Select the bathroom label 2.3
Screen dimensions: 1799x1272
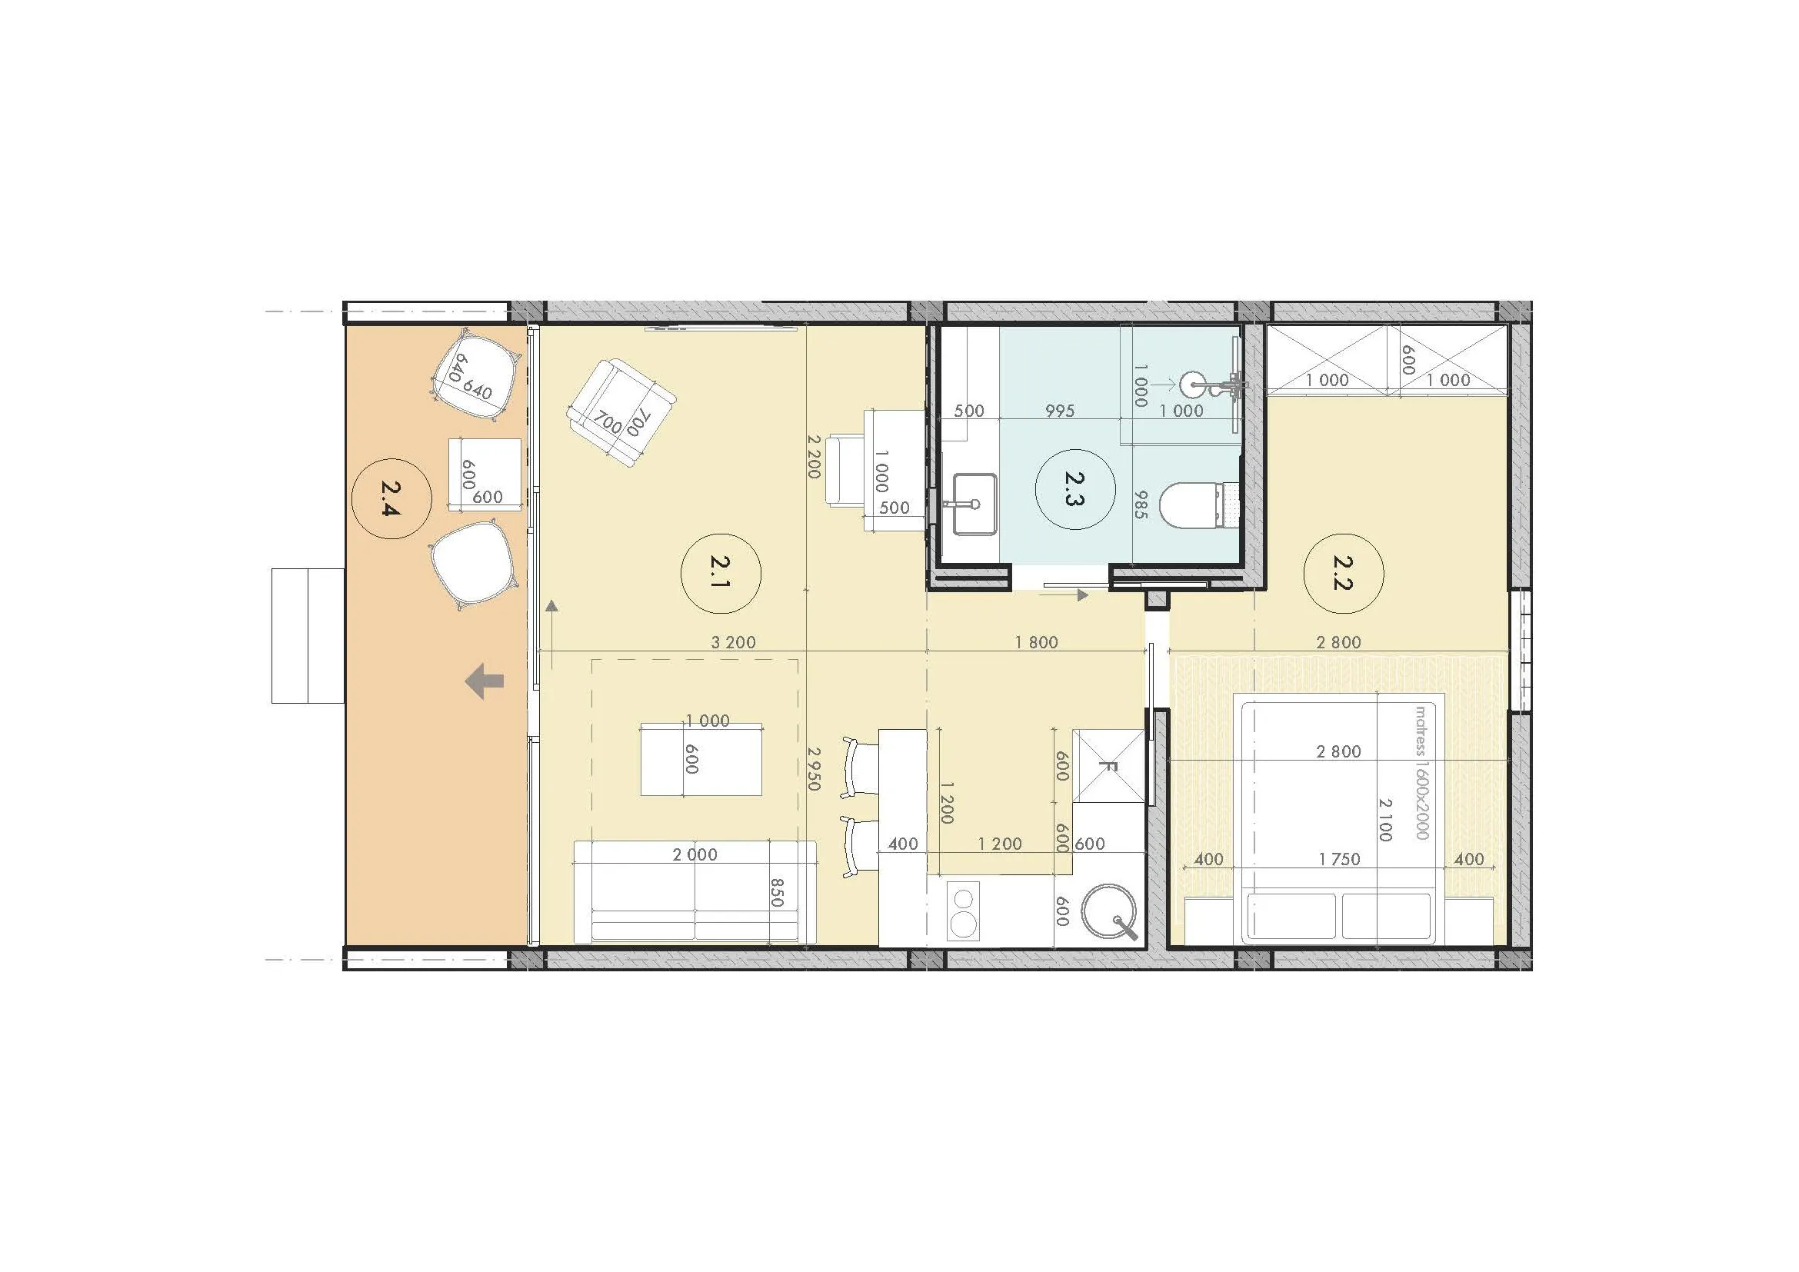[x=1074, y=490]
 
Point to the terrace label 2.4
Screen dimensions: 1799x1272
[x=391, y=499]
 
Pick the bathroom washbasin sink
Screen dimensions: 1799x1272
[x=974, y=504]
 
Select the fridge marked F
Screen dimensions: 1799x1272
[x=1108, y=766]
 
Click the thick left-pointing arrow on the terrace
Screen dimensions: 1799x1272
[x=485, y=681]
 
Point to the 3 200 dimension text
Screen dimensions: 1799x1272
[x=734, y=642]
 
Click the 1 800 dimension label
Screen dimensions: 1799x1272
[x=1036, y=642]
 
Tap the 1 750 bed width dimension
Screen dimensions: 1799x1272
[x=1339, y=859]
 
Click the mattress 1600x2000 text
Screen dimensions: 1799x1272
[x=1422, y=772]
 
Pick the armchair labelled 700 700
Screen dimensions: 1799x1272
[x=621, y=413]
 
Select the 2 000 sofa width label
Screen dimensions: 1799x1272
[x=695, y=854]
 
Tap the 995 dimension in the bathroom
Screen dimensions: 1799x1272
[x=1059, y=411]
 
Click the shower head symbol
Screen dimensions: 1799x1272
[x=1194, y=384]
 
